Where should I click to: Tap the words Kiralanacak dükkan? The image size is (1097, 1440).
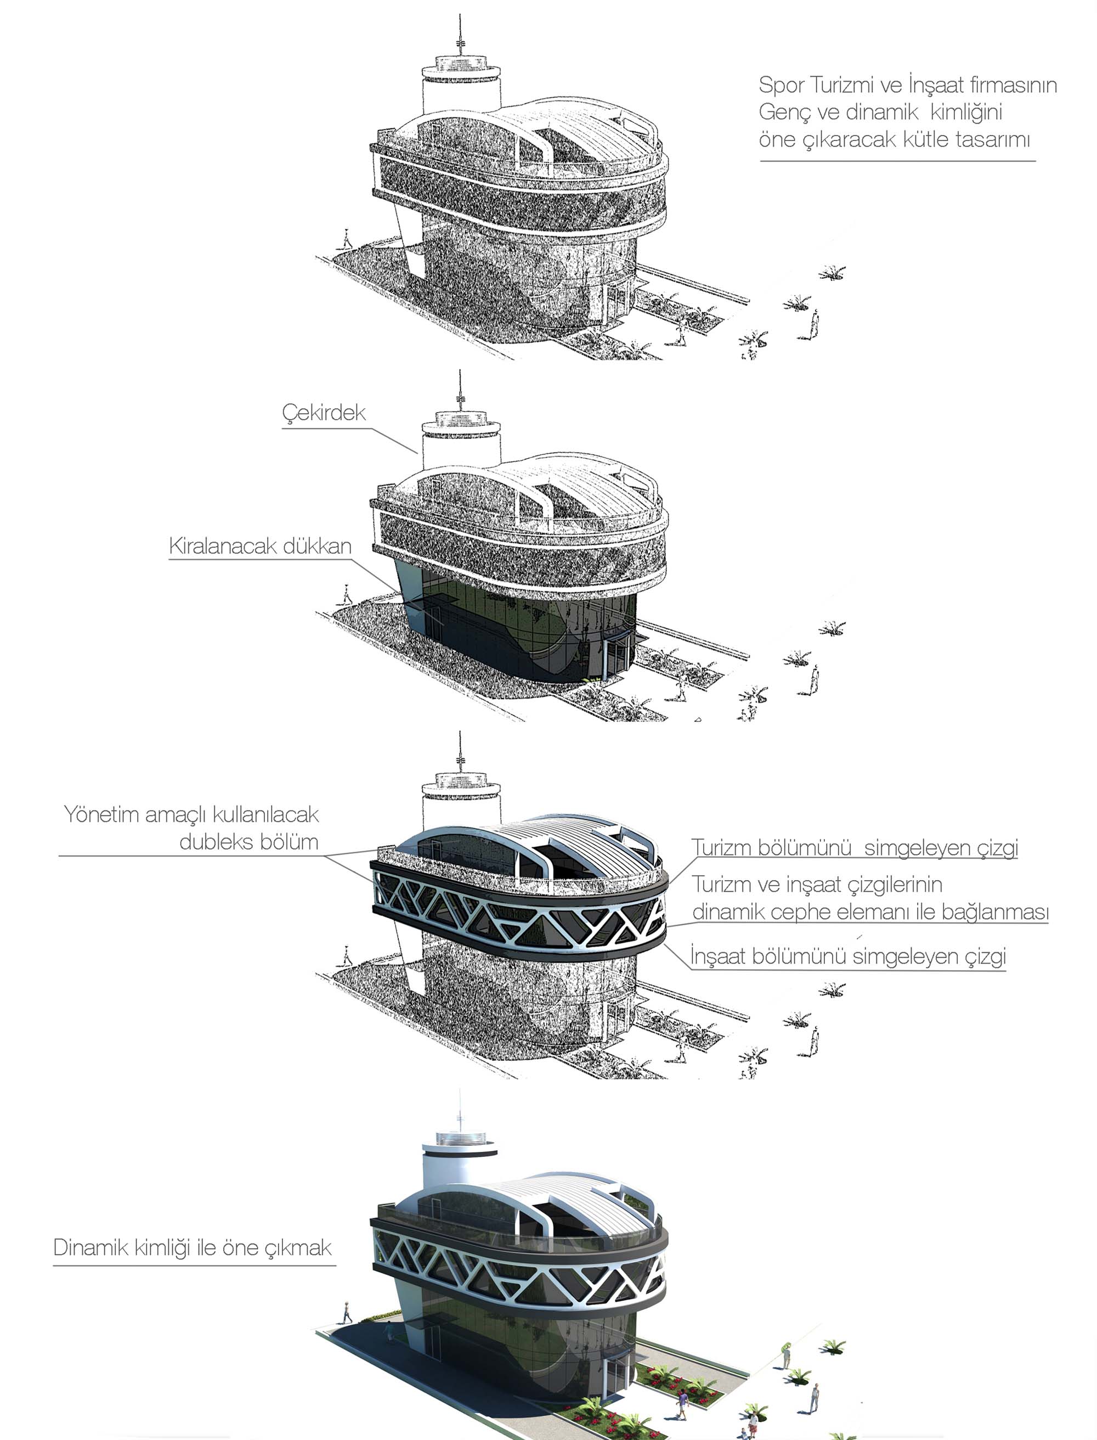click(260, 546)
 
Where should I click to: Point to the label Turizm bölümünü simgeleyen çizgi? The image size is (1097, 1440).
click(855, 848)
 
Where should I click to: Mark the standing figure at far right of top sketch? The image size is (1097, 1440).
click(815, 323)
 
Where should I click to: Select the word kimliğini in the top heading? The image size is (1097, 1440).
click(966, 113)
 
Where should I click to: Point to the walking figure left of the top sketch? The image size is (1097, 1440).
click(346, 240)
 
